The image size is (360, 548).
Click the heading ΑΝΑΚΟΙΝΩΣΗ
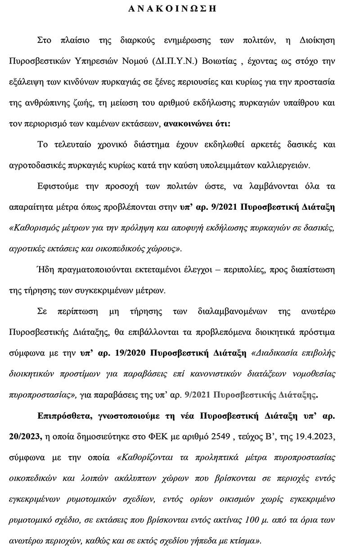(180, 8)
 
